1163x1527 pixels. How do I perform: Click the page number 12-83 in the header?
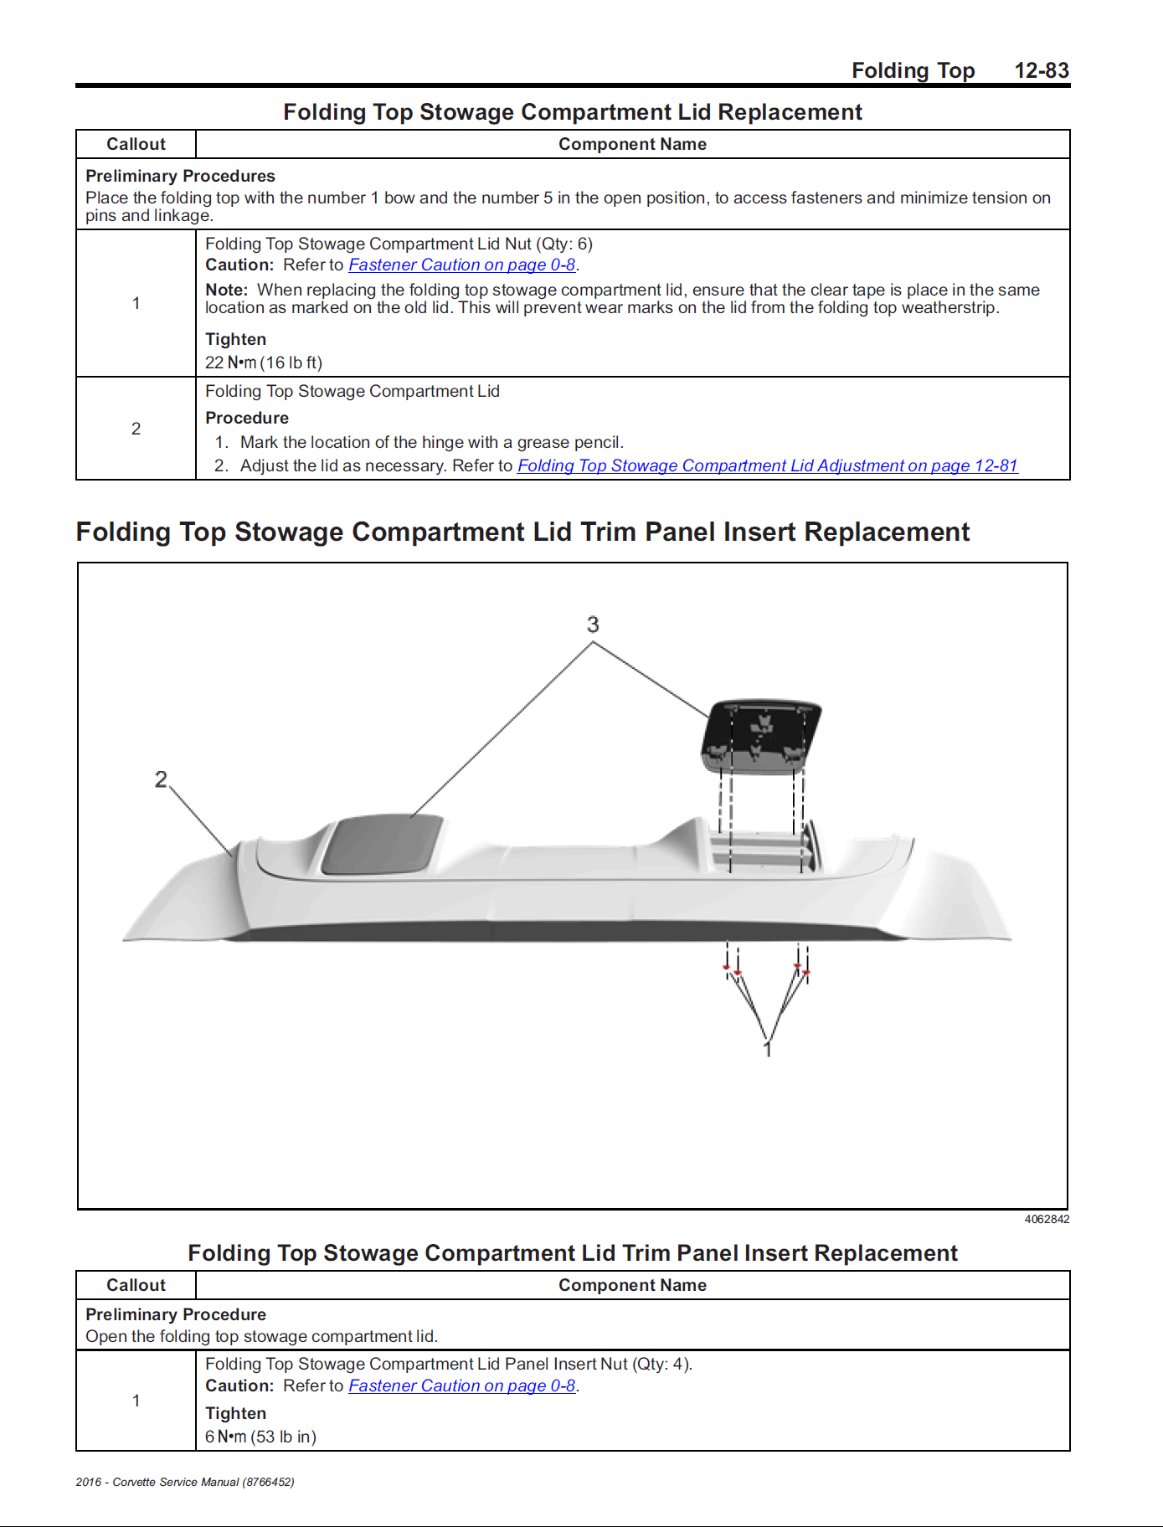[x=1041, y=70]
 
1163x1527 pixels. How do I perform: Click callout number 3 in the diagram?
[x=593, y=625]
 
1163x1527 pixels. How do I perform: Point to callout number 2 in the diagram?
[x=161, y=779]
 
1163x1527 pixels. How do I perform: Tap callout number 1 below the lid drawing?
[x=767, y=1048]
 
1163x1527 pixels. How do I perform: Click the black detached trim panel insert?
[x=760, y=733]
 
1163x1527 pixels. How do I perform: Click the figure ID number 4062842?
[x=1046, y=1219]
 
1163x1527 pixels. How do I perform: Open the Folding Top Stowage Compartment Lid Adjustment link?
[x=767, y=465]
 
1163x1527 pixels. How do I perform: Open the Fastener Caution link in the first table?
[x=461, y=265]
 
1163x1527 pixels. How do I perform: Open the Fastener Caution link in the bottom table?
[x=461, y=1386]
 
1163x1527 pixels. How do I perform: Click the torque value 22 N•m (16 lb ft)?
[x=264, y=362]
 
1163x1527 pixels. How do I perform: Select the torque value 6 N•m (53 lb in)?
[x=260, y=1437]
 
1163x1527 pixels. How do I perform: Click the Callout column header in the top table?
[x=136, y=144]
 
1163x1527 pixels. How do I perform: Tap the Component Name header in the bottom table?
[x=632, y=1285]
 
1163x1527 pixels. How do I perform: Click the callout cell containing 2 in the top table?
[x=136, y=429]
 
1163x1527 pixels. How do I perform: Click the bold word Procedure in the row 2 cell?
[x=247, y=418]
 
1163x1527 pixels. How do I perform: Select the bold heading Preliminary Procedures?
[x=180, y=176]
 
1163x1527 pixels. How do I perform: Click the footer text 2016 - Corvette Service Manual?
[x=184, y=1482]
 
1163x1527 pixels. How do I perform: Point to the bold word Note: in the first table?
[x=227, y=290]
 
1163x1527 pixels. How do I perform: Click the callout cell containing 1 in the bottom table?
[x=136, y=1401]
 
